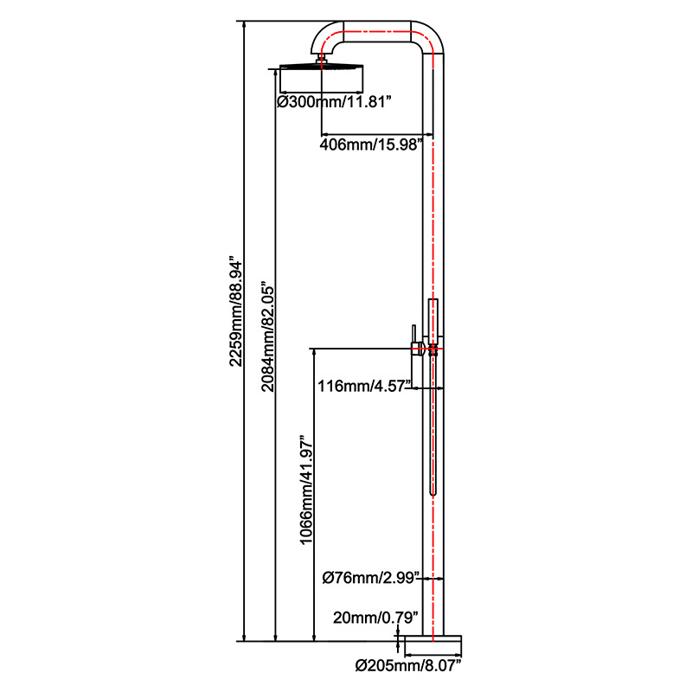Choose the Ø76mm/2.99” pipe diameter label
pyautogui.click(x=371, y=576)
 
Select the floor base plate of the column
pyautogui.click(x=432, y=642)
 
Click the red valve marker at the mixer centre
pyautogui.click(x=431, y=349)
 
